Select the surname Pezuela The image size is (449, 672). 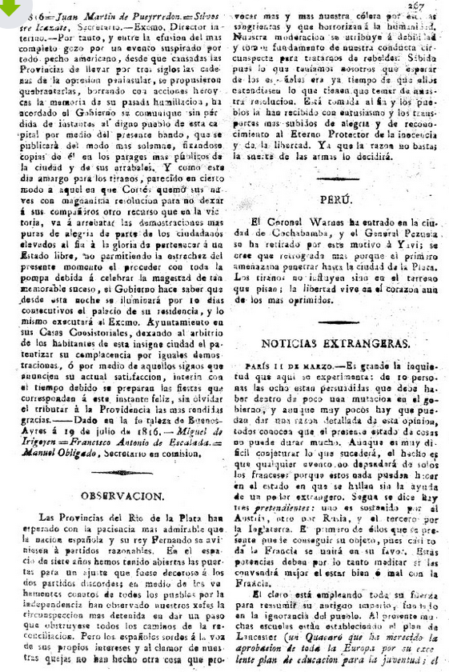pos(415,231)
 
